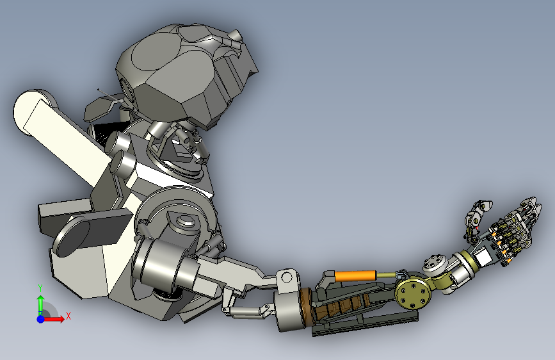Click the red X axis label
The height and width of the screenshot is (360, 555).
[x=68, y=316]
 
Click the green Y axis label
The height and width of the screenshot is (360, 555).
[x=40, y=288]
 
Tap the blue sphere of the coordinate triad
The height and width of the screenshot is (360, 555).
[x=41, y=319]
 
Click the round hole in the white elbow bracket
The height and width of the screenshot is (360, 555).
[x=286, y=277]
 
